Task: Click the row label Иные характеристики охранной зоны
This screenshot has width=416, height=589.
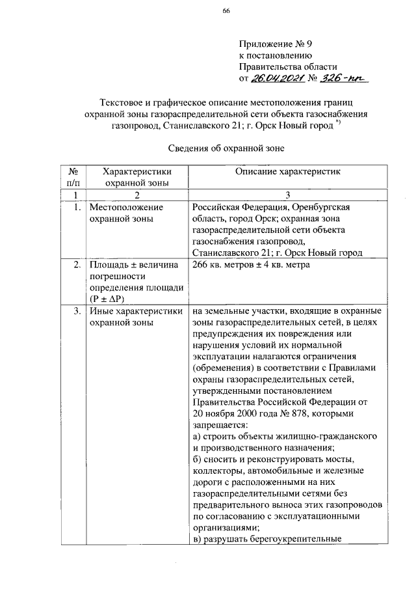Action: click(x=135, y=316)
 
